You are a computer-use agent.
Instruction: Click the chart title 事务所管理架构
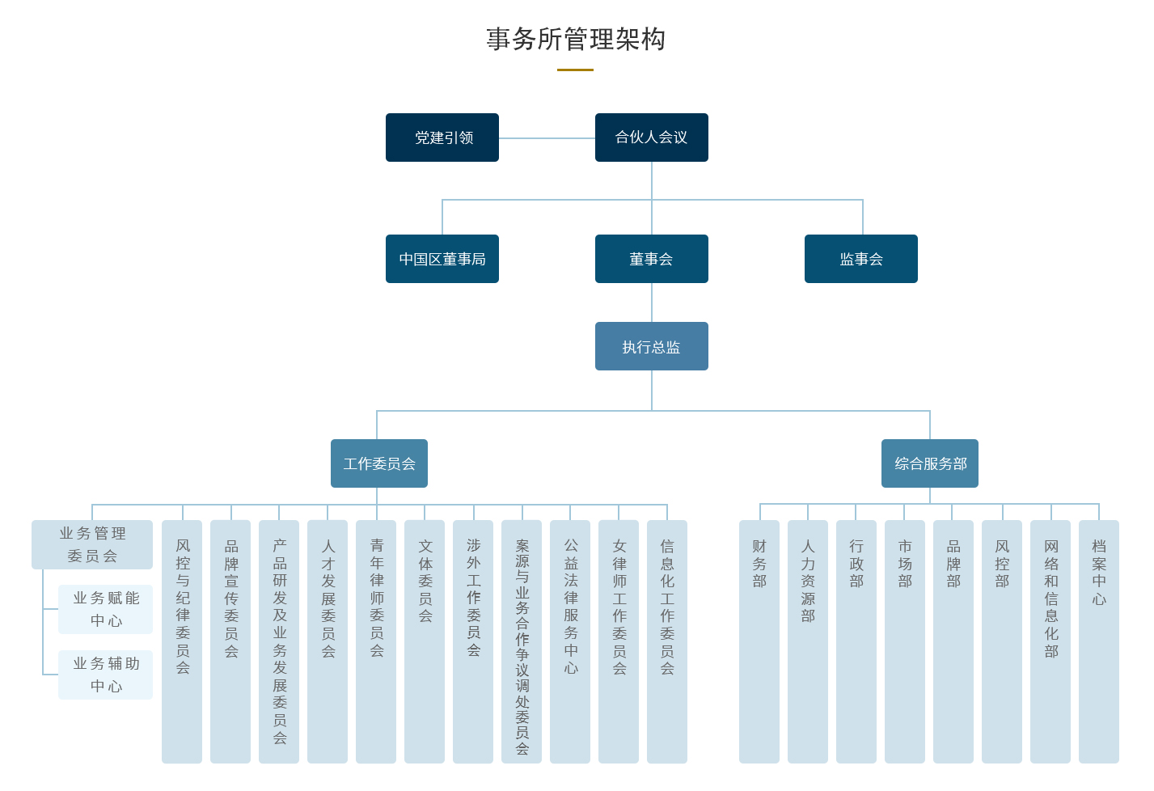(x=576, y=39)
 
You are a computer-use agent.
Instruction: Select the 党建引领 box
(x=442, y=137)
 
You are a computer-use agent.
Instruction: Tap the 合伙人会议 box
(x=652, y=137)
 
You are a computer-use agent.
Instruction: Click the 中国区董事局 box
(x=442, y=259)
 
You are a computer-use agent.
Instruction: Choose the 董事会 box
(x=652, y=259)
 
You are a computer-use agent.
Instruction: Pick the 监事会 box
(x=861, y=259)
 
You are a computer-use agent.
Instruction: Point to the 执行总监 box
(x=652, y=346)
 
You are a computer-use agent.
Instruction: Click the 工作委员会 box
(x=379, y=463)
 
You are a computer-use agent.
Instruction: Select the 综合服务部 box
(x=930, y=463)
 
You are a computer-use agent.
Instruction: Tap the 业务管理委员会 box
(x=92, y=544)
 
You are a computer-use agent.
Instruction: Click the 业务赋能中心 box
(x=106, y=609)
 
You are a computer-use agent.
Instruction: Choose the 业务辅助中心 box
(x=106, y=675)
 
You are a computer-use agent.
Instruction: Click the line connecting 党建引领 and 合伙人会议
(x=547, y=138)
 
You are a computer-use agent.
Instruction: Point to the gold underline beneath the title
(x=575, y=70)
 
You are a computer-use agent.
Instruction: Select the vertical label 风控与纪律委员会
(x=183, y=607)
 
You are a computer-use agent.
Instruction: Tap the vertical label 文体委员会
(x=425, y=581)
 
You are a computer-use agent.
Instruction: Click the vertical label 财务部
(x=759, y=563)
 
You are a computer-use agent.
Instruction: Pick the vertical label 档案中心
(x=1099, y=572)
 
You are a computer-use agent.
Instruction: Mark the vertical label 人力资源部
(x=808, y=581)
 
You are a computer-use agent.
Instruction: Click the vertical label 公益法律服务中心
(x=571, y=607)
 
